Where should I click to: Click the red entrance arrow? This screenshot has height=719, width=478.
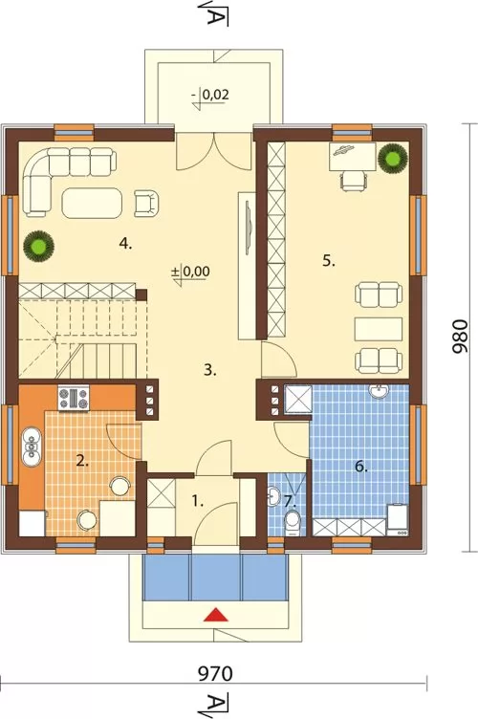point(216,615)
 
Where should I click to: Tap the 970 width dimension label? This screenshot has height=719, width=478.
point(215,674)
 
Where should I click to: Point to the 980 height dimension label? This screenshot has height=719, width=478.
point(459,337)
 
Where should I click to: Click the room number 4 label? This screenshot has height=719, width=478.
point(125,244)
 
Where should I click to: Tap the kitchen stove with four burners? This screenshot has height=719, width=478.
point(74,398)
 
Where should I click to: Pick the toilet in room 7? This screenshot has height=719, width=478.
point(292,524)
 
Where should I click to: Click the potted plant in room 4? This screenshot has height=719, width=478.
point(39,246)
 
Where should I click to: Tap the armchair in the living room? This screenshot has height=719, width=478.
point(146,204)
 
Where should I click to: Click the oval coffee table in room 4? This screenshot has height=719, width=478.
point(92,203)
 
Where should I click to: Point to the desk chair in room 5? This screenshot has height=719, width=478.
point(354,181)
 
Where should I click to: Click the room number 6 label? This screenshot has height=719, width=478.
point(361,468)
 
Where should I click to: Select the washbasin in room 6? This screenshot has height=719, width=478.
point(380,392)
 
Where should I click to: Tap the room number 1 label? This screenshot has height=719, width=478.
point(198,502)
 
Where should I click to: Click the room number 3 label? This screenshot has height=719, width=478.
point(210,370)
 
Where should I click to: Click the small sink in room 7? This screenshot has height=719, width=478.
point(274,496)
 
